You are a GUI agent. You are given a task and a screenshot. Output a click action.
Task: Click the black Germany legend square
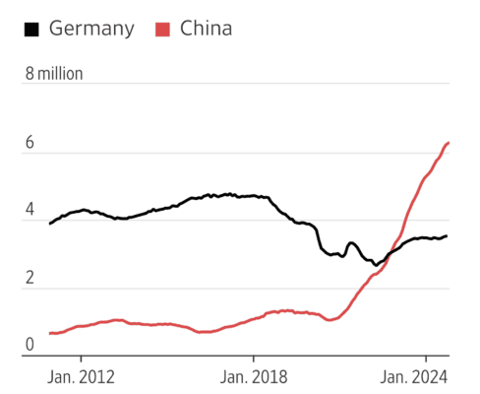coord(32,30)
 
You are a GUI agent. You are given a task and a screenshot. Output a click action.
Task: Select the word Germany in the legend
coord(91,29)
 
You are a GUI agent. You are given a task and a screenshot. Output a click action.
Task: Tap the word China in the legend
coord(207,29)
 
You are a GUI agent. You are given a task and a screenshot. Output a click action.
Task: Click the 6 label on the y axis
coord(30,143)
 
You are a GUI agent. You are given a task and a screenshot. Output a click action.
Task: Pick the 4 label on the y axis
coord(30,211)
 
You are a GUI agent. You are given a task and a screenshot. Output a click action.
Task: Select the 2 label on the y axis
coord(30,279)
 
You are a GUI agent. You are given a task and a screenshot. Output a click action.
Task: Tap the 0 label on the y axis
coord(30,346)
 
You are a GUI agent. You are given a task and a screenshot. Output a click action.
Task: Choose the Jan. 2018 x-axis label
coord(253,375)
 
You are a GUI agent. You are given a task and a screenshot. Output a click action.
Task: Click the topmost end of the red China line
coord(449,143)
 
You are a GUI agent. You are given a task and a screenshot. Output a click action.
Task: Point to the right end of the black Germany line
coord(448,235)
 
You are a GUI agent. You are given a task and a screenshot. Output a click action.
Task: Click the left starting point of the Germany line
coord(50,224)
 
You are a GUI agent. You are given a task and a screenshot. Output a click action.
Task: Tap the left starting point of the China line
coord(50,333)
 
